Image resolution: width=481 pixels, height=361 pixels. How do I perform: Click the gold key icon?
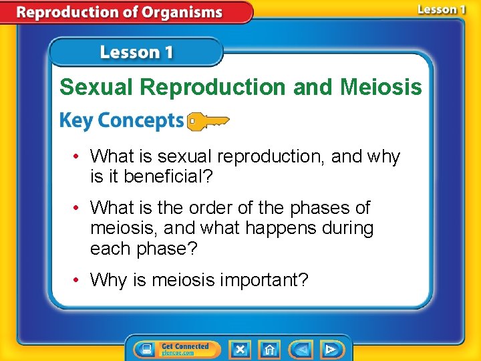(208, 121)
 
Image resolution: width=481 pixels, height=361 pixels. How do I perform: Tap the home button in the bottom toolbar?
(269, 349)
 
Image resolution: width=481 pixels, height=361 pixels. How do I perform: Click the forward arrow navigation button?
(330, 349)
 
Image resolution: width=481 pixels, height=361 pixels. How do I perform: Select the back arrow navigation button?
(302, 349)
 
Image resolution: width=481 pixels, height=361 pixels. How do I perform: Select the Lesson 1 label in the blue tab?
(136, 52)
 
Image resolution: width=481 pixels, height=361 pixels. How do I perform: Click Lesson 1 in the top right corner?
(441, 9)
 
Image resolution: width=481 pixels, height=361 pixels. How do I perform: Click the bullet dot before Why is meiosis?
(77, 279)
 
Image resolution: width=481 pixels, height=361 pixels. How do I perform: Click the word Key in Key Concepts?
(73, 121)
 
